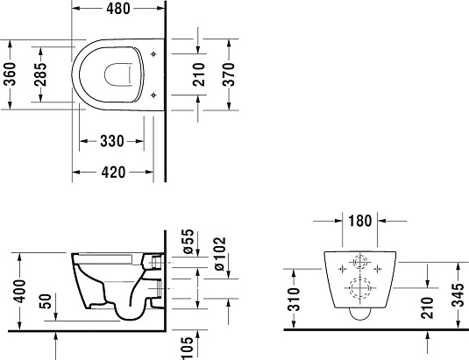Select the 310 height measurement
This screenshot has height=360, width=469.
pyautogui.click(x=295, y=300)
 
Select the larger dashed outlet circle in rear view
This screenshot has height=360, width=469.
pyautogui.click(x=357, y=288)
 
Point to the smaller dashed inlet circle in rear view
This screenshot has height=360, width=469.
pyautogui.click(x=357, y=262)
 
